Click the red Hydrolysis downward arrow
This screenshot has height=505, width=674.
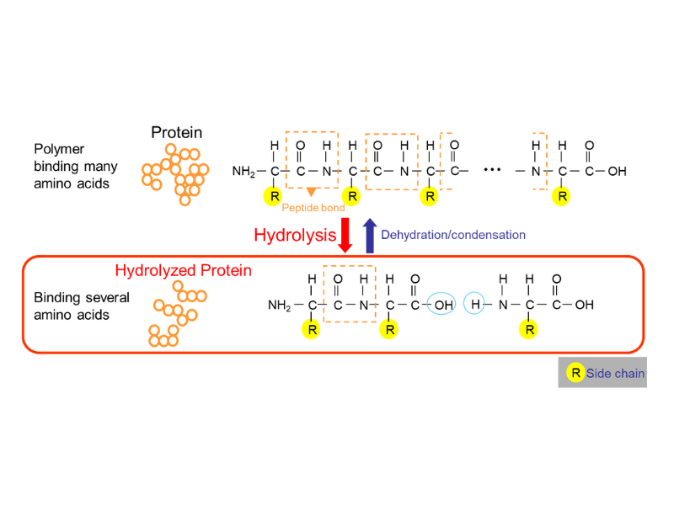click(x=345, y=236)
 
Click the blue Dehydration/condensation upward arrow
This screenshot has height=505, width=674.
click(x=368, y=236)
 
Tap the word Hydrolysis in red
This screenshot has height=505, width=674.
click(x=295, y=236)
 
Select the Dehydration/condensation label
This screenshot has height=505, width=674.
click(x=453, y=235)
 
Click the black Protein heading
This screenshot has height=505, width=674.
click(x=176, y=132)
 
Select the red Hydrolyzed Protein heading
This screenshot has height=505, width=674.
click(x=183, y=270)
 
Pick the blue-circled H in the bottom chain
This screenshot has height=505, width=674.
click(x=475, y=305)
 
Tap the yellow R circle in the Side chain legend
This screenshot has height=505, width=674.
click(x=575, y=373)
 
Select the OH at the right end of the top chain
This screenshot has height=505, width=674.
click(x=617, y=172)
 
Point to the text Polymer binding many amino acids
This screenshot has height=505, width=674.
click(x=72, y=166)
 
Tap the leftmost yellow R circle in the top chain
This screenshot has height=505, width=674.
click(x=274, y=197)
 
